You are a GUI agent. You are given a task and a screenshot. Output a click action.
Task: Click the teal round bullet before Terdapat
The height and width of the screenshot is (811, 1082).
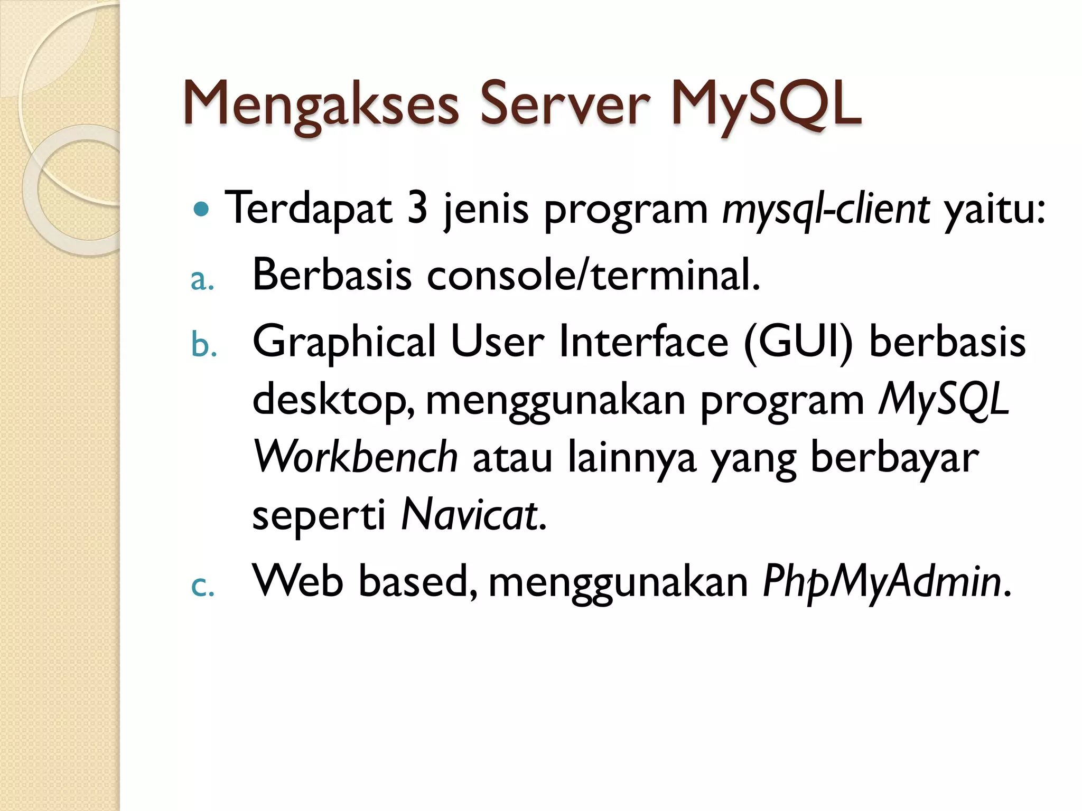pyautogui.click(x=201, y=210)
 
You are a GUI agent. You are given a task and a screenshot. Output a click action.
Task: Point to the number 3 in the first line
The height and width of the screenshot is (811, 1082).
pyautogui.click(x=417, y=209)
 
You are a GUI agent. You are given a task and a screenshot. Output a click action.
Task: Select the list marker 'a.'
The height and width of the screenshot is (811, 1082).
pyautogui.click(x=202, y=281)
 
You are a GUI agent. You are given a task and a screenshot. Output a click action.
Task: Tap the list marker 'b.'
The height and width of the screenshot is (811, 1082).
pyautogui.click(x=204, y=346)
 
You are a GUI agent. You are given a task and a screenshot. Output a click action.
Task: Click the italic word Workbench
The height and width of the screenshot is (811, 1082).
pyautogui.click(x=356, y=457)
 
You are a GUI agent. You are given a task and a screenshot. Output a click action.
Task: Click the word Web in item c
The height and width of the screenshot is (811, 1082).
pyautogui.click(x=298, y=581)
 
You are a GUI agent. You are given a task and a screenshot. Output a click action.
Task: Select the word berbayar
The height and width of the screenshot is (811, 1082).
pyautogui.click(x=894, y=457)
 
